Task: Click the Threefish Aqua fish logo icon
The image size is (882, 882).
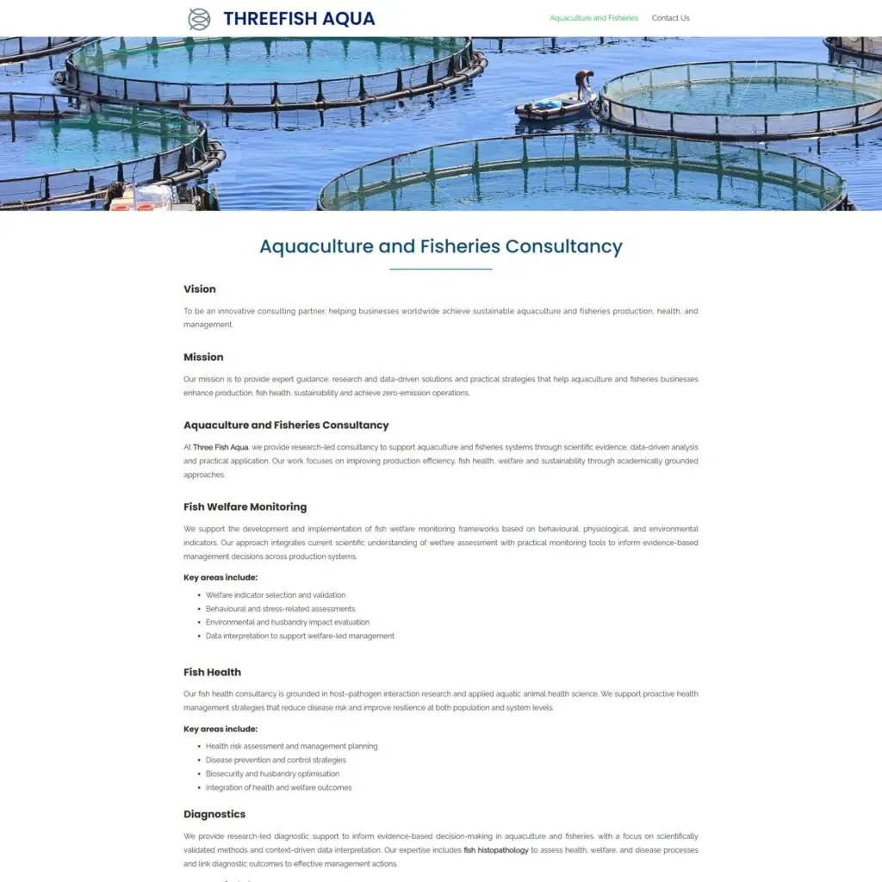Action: tap(199, 19)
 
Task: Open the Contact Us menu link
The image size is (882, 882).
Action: tap(670, 18)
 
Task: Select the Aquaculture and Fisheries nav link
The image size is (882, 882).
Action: tap(593, 18)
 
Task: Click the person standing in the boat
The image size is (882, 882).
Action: tap(585, 84)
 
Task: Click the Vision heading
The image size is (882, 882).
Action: tap(200, 289)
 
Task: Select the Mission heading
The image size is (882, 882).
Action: tap(203, 357)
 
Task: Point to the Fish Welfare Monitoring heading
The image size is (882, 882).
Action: tap(245, 507)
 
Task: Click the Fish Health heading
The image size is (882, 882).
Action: tap(212, 673)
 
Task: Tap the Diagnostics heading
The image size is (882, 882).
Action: tap(214, 815)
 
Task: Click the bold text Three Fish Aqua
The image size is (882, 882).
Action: tap(220, 448)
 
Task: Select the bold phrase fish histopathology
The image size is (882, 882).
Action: tap(496, 850)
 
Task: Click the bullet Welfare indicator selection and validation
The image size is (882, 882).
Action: tap(276, 595)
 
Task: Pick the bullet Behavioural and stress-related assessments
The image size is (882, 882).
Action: tap(268, 609)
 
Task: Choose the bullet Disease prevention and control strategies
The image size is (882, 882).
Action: tap(276, 761)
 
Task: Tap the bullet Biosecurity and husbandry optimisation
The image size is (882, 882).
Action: tap(272, 774)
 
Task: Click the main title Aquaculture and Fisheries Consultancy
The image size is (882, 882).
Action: tap(441, 246)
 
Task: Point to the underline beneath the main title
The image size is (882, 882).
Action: tap(441, 270)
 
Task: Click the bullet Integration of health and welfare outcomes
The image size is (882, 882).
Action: tap(278, 788)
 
